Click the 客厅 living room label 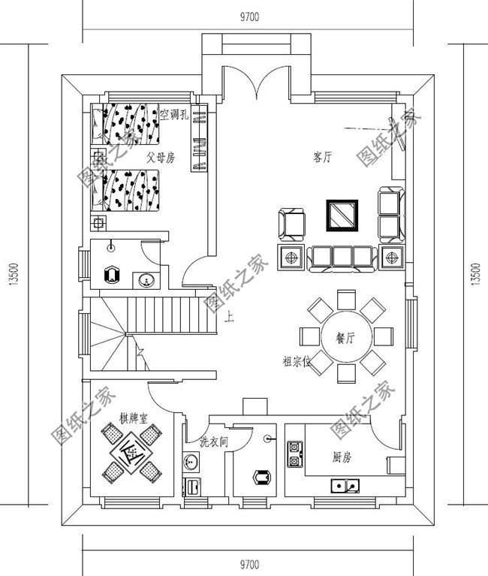point(322,157)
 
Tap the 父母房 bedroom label point(161,158)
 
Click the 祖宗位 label point(296,361)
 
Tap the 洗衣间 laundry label point(213,442)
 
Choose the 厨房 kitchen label point(342,457)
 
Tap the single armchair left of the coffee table point(292,222)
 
